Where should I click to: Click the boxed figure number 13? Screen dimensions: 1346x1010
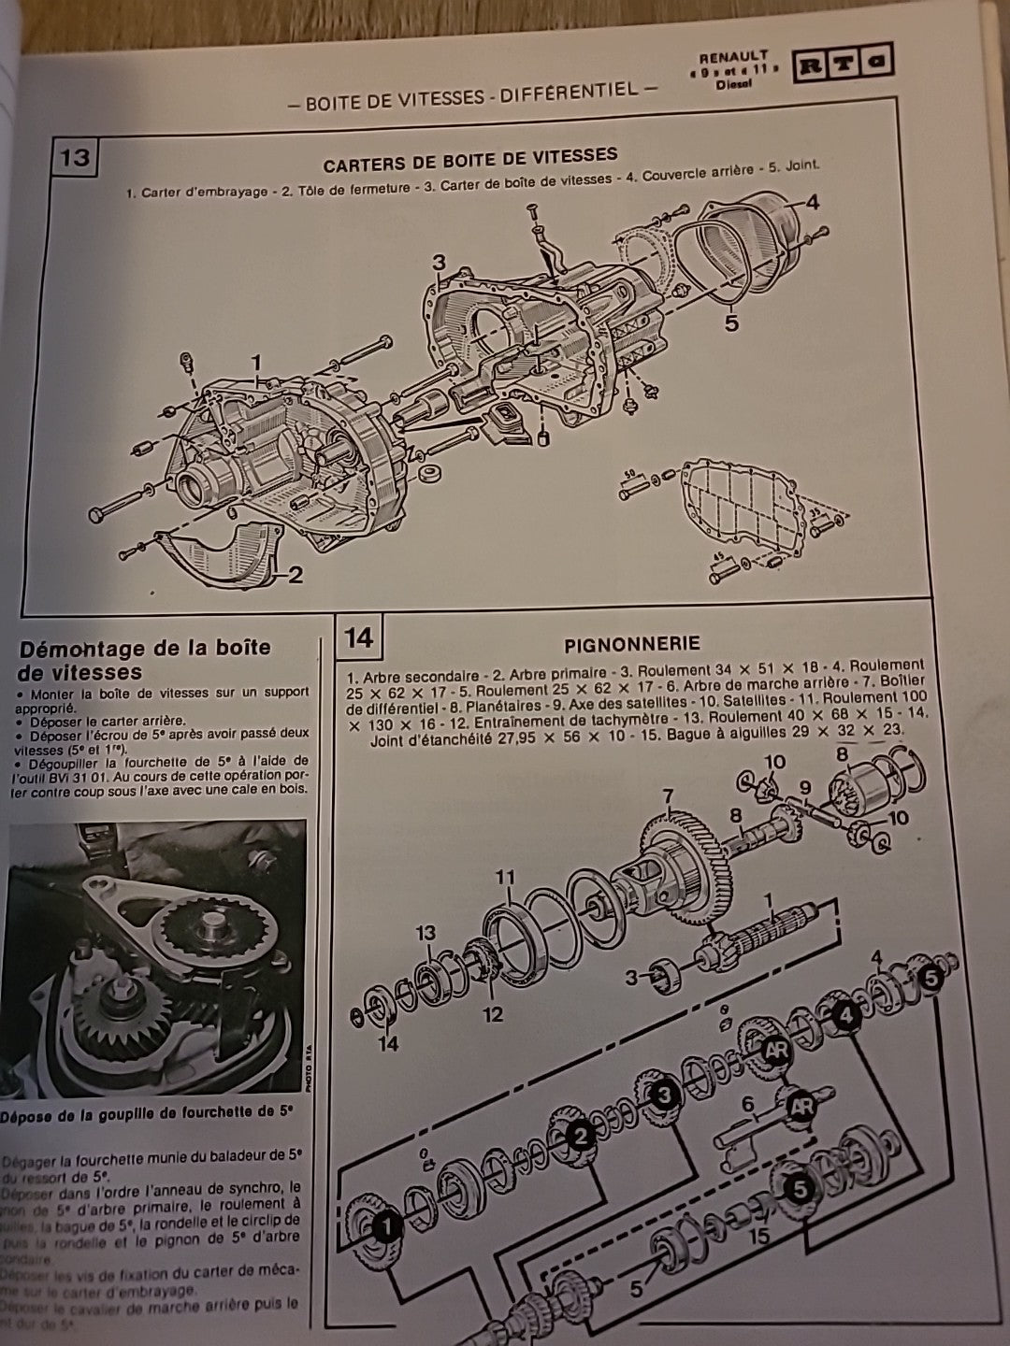point(74,157)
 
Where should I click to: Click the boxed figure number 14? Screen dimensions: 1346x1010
point(358,637)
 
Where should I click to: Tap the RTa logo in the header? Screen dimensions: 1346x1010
point(842,64)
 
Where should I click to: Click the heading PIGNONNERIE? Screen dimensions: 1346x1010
point(631,644)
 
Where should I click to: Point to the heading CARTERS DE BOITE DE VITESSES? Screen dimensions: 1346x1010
point(469,159)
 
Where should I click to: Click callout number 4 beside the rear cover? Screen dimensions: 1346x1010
point(812,202)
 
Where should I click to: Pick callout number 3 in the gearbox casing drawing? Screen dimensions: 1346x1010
point(440,263)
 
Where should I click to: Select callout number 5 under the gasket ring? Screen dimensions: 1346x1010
point(731,322)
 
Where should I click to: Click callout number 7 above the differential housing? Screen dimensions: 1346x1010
point(668,797)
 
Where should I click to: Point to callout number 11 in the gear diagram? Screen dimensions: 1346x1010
point(505,878)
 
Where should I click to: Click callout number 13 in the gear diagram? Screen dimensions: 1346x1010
point(426,933)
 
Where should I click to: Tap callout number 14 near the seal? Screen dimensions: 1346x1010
point(387,1042)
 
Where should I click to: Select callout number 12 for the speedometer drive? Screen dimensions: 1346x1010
point(493,1014)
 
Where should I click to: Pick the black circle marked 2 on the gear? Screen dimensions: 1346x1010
point(580,1137)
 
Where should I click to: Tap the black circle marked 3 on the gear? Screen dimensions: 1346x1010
point(663,1095)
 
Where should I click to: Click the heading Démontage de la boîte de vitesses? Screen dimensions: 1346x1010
point(145,660)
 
